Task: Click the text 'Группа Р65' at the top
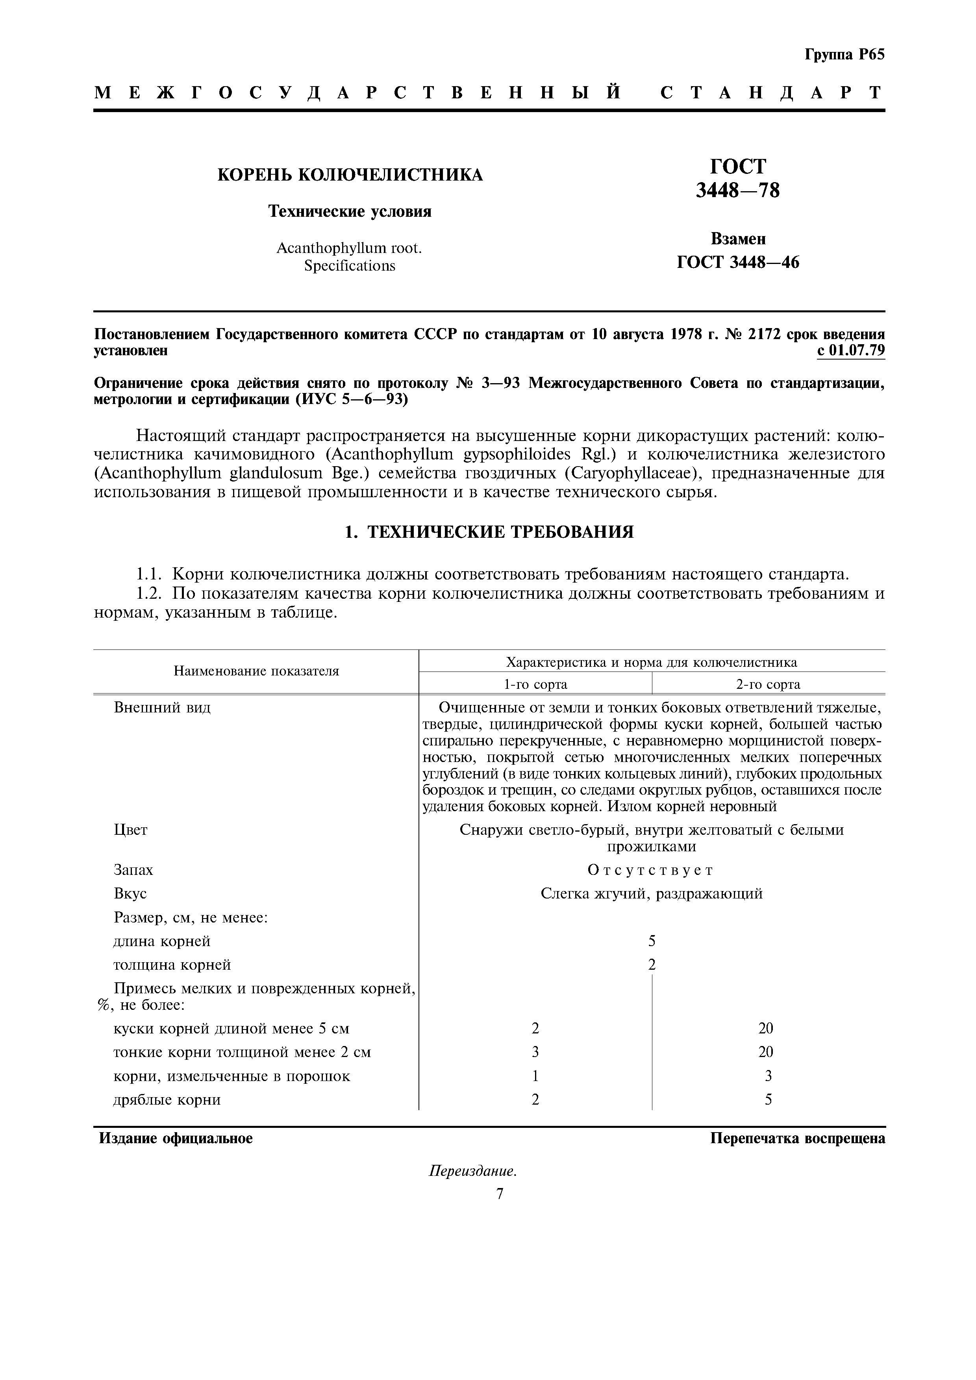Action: pos(844,55)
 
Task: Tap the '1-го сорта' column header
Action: pos(535,684)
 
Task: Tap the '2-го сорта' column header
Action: pos(768,684)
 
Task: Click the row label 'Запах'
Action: pos(133,870)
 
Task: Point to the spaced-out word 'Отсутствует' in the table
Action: pos(651,870)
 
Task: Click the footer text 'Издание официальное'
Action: pos(176,1138)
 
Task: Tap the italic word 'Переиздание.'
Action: pos(473,1172)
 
